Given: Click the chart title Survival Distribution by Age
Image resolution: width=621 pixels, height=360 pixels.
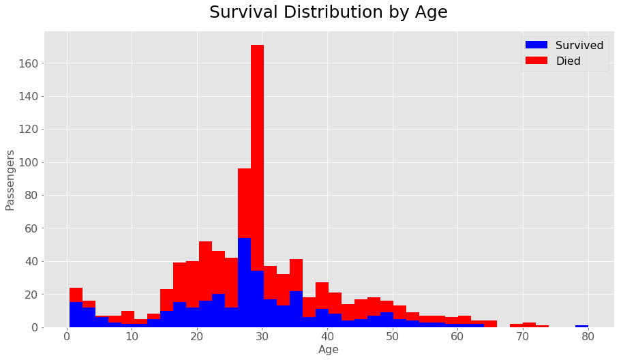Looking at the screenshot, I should pos(328,13).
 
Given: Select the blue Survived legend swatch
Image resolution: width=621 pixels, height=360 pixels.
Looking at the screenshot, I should pos(536,45).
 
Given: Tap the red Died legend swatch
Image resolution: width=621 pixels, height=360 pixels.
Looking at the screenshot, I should pos(536,61).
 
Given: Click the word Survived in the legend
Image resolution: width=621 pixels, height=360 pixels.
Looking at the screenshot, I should pos(579,45).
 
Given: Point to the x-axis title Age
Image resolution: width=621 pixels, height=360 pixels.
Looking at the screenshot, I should pos(328,350).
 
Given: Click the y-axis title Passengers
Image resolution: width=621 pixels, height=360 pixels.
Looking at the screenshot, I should pos(10,180).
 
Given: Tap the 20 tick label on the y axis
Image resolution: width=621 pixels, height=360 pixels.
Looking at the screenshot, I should pos(29,295).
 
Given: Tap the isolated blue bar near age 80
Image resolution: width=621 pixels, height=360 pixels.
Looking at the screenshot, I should pos(581,326).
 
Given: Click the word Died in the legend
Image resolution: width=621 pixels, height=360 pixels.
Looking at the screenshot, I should pos(569,61).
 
